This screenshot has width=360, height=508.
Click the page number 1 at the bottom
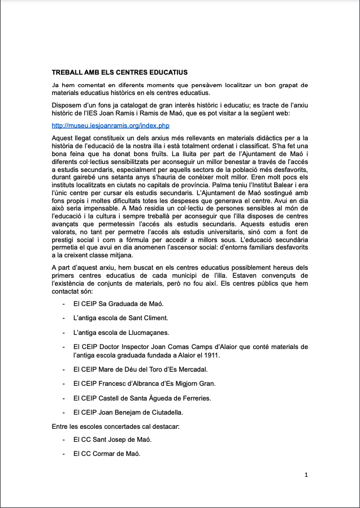[x=306, y=475]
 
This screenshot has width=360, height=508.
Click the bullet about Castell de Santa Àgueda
[x=142, y=398]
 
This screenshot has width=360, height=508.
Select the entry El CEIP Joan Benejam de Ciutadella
[x=136, y=412]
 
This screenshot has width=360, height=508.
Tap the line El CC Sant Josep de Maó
[x=112, y=439]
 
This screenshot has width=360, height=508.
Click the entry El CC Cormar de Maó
[x=107, y=454]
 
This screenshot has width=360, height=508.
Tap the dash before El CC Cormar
[x=63, y=454]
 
